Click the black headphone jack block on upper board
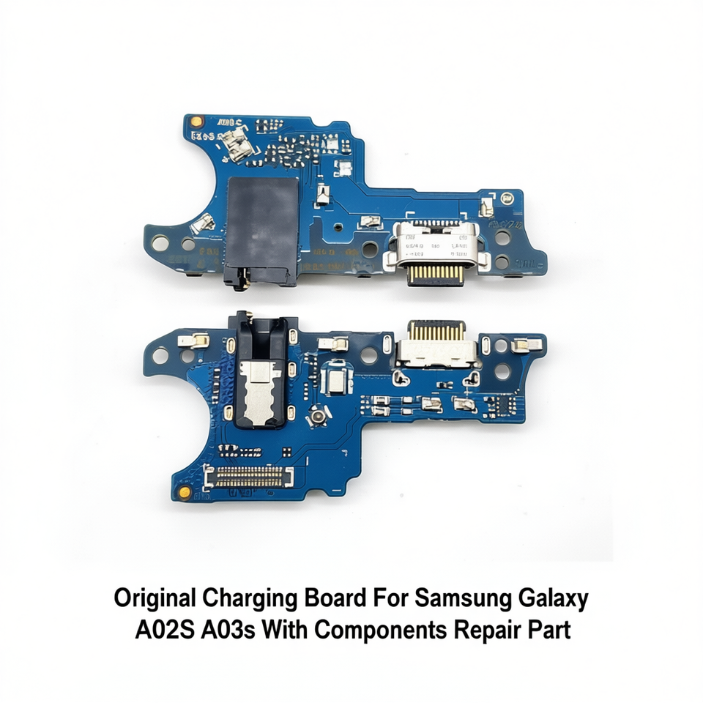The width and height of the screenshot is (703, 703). [x=262, y=220]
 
